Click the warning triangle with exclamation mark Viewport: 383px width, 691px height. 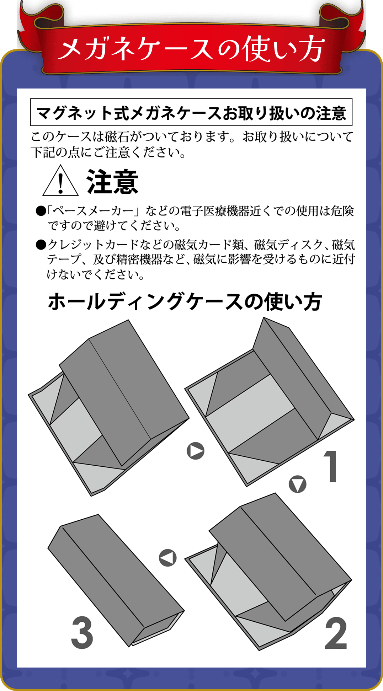point(60,181)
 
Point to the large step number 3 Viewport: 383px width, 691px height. point(82,633)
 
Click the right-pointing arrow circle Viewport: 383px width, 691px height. point(196,451)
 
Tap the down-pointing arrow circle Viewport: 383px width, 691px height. point(298,484)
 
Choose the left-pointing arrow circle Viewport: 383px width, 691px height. point(168,558)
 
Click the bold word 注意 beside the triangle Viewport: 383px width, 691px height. point(112,182)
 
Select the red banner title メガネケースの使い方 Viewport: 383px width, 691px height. point(191,49)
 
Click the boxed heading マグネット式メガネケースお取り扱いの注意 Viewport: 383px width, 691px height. point(191,113)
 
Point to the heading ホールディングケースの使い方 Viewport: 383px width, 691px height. point(185,302)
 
